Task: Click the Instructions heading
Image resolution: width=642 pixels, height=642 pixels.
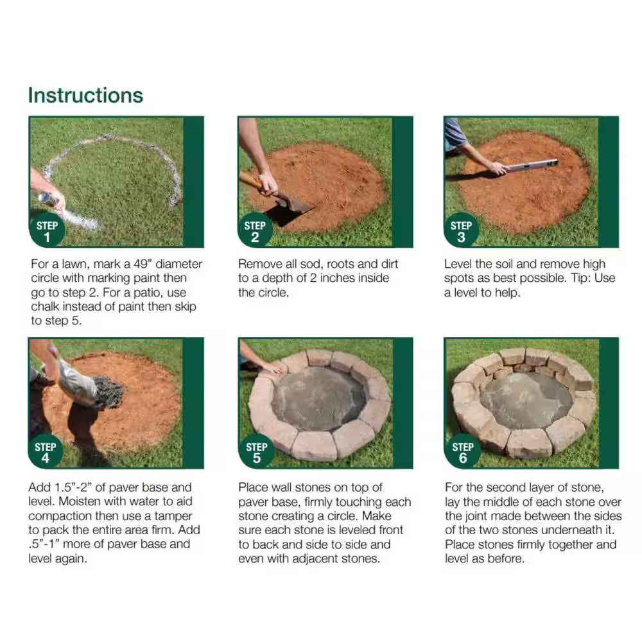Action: click(x=85, y=95)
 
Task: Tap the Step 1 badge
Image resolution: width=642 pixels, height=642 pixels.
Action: click(x=47, y=230)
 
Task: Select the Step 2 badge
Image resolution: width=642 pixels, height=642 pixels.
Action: click(x=255, y=230)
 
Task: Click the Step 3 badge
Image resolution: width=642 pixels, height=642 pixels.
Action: click(x=461, y=230)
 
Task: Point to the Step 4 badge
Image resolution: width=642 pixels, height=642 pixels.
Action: click(x=46, y=452)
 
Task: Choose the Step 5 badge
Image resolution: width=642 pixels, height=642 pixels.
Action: click(x=256, y=452)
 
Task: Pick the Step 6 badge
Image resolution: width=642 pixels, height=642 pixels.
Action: click(x=462, y=452)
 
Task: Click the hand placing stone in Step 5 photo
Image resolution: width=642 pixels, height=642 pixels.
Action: click(x=272, y=369)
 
